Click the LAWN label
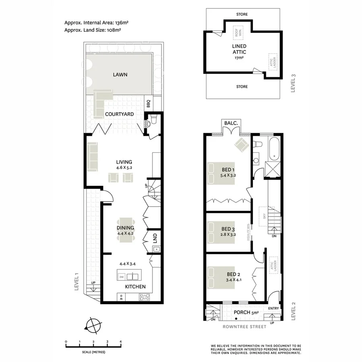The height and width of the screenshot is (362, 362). [x=120, y=74]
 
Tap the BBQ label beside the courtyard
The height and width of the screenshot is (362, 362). [x=148, y=104]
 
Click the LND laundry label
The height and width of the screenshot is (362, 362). [x=154, y=239]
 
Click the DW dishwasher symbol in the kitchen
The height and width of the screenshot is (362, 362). [x=121, y=277]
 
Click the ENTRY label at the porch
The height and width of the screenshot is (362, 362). [x=274, y=309]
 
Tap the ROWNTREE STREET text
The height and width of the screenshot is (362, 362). [x=245, y=327]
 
